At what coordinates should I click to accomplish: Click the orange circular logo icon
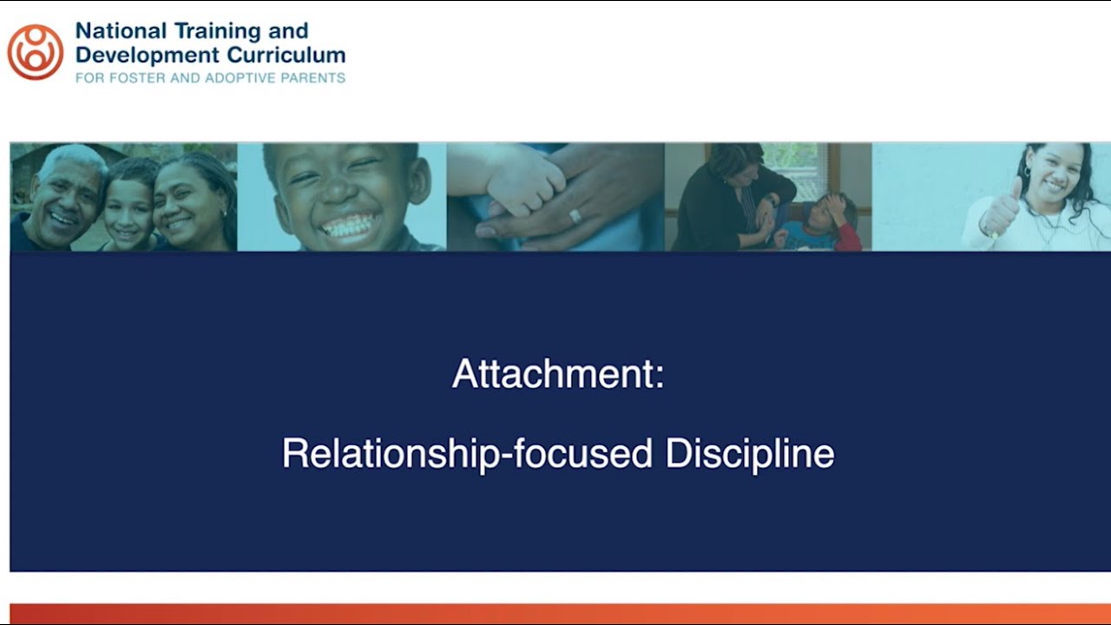pos(35,52)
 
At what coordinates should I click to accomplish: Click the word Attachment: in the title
pos(557,374)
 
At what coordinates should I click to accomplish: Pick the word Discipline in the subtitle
pos(750,454)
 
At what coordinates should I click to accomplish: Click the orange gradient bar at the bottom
pos(555,614)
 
